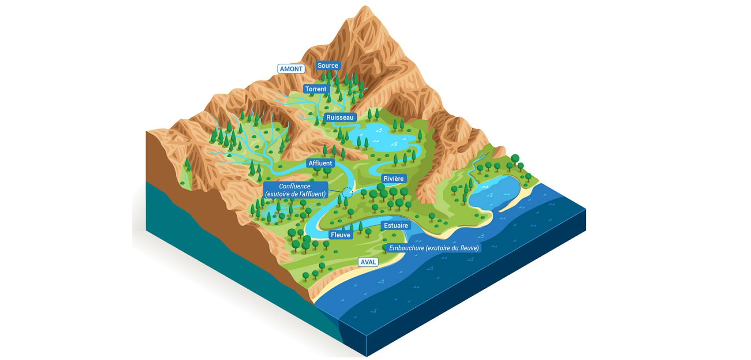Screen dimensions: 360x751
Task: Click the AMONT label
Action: [291, 69]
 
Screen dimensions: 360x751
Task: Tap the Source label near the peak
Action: [328, 65]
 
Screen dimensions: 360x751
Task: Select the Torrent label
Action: [316, 89]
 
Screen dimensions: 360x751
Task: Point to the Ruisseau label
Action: [340, 117]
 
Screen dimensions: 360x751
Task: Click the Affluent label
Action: [320, 163]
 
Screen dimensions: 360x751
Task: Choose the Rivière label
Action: [394, 179]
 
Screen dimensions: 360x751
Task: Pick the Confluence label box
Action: [295, 190]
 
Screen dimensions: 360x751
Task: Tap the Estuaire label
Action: [396, 226]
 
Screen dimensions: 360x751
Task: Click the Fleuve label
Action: [340, 235]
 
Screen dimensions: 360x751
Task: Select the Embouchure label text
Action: [434, 248]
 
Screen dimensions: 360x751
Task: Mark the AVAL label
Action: [368, 262]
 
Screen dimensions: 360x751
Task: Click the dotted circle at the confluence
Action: [347, 192]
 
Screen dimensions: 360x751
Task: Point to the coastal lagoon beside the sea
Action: [495, 192]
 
